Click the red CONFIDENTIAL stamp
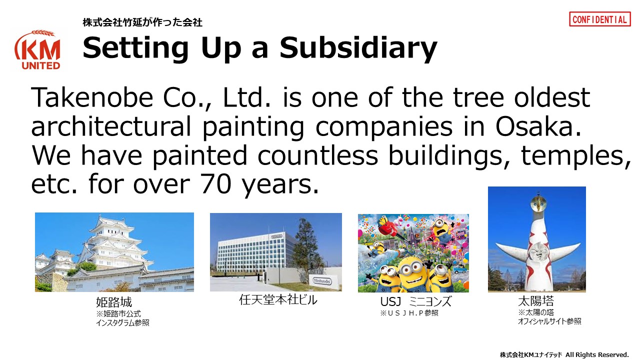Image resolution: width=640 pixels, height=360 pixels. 599,19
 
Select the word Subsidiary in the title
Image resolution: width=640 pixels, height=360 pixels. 358,48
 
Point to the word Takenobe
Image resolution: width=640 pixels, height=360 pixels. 92,97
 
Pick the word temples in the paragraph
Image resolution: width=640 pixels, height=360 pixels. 576,156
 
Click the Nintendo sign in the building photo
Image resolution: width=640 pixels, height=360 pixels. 322,281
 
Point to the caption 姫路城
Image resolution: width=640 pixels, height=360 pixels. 114,302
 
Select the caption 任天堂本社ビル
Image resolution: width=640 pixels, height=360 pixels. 278,299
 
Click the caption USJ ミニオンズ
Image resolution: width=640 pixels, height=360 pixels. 415,301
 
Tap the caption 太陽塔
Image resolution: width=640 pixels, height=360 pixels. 536,301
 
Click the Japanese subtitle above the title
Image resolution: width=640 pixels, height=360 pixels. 142,22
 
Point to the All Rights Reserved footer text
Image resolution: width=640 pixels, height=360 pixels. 597,354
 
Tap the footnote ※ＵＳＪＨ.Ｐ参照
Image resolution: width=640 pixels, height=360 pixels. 409,313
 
